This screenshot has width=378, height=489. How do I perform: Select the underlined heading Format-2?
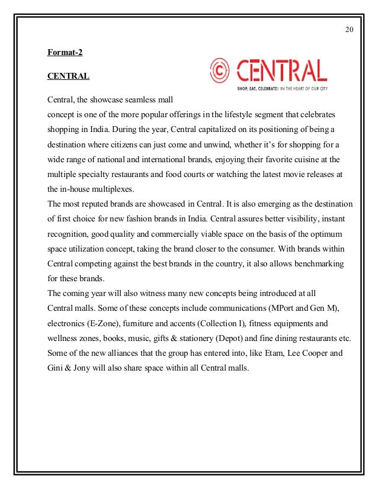coord(65,53)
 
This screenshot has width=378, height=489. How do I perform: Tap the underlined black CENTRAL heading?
coord(68,76)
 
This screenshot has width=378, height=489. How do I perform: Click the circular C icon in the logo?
coord(219,70)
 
